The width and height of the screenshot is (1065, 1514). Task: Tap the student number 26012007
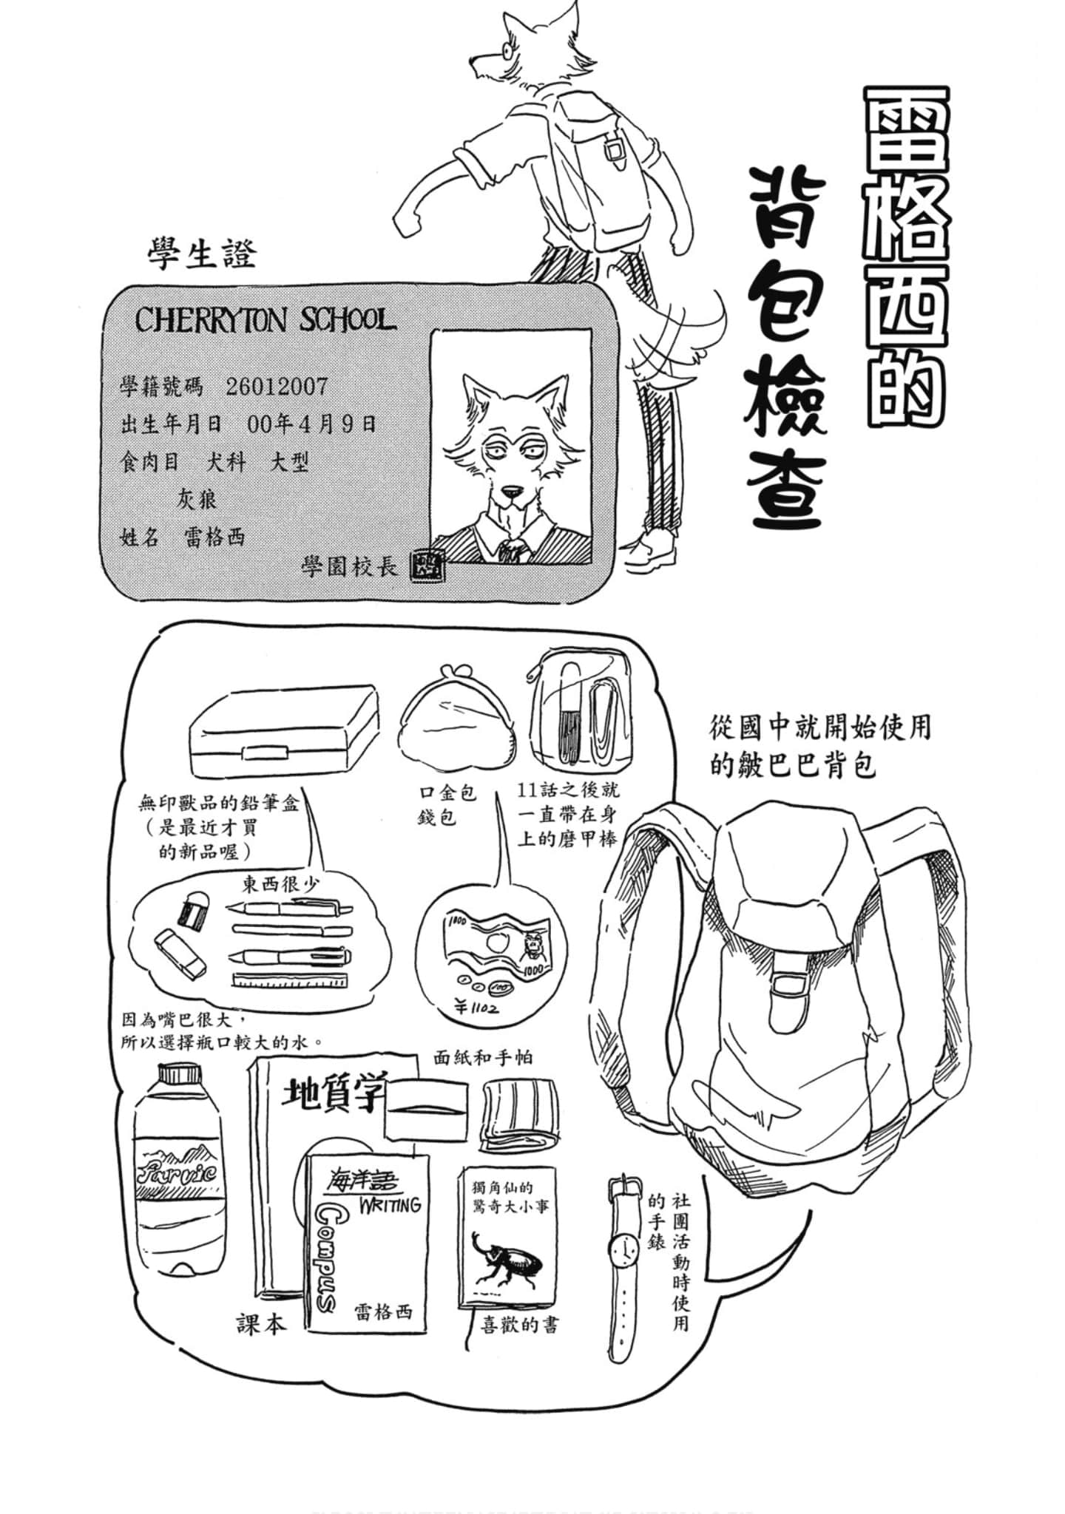pos(277,386)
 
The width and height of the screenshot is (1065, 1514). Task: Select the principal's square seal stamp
pos(427,566)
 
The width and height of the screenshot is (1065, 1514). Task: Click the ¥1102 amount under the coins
pos(476,1007)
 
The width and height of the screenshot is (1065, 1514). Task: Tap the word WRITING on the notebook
pos(390,1205)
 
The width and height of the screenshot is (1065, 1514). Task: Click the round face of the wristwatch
pos(623,1249)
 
